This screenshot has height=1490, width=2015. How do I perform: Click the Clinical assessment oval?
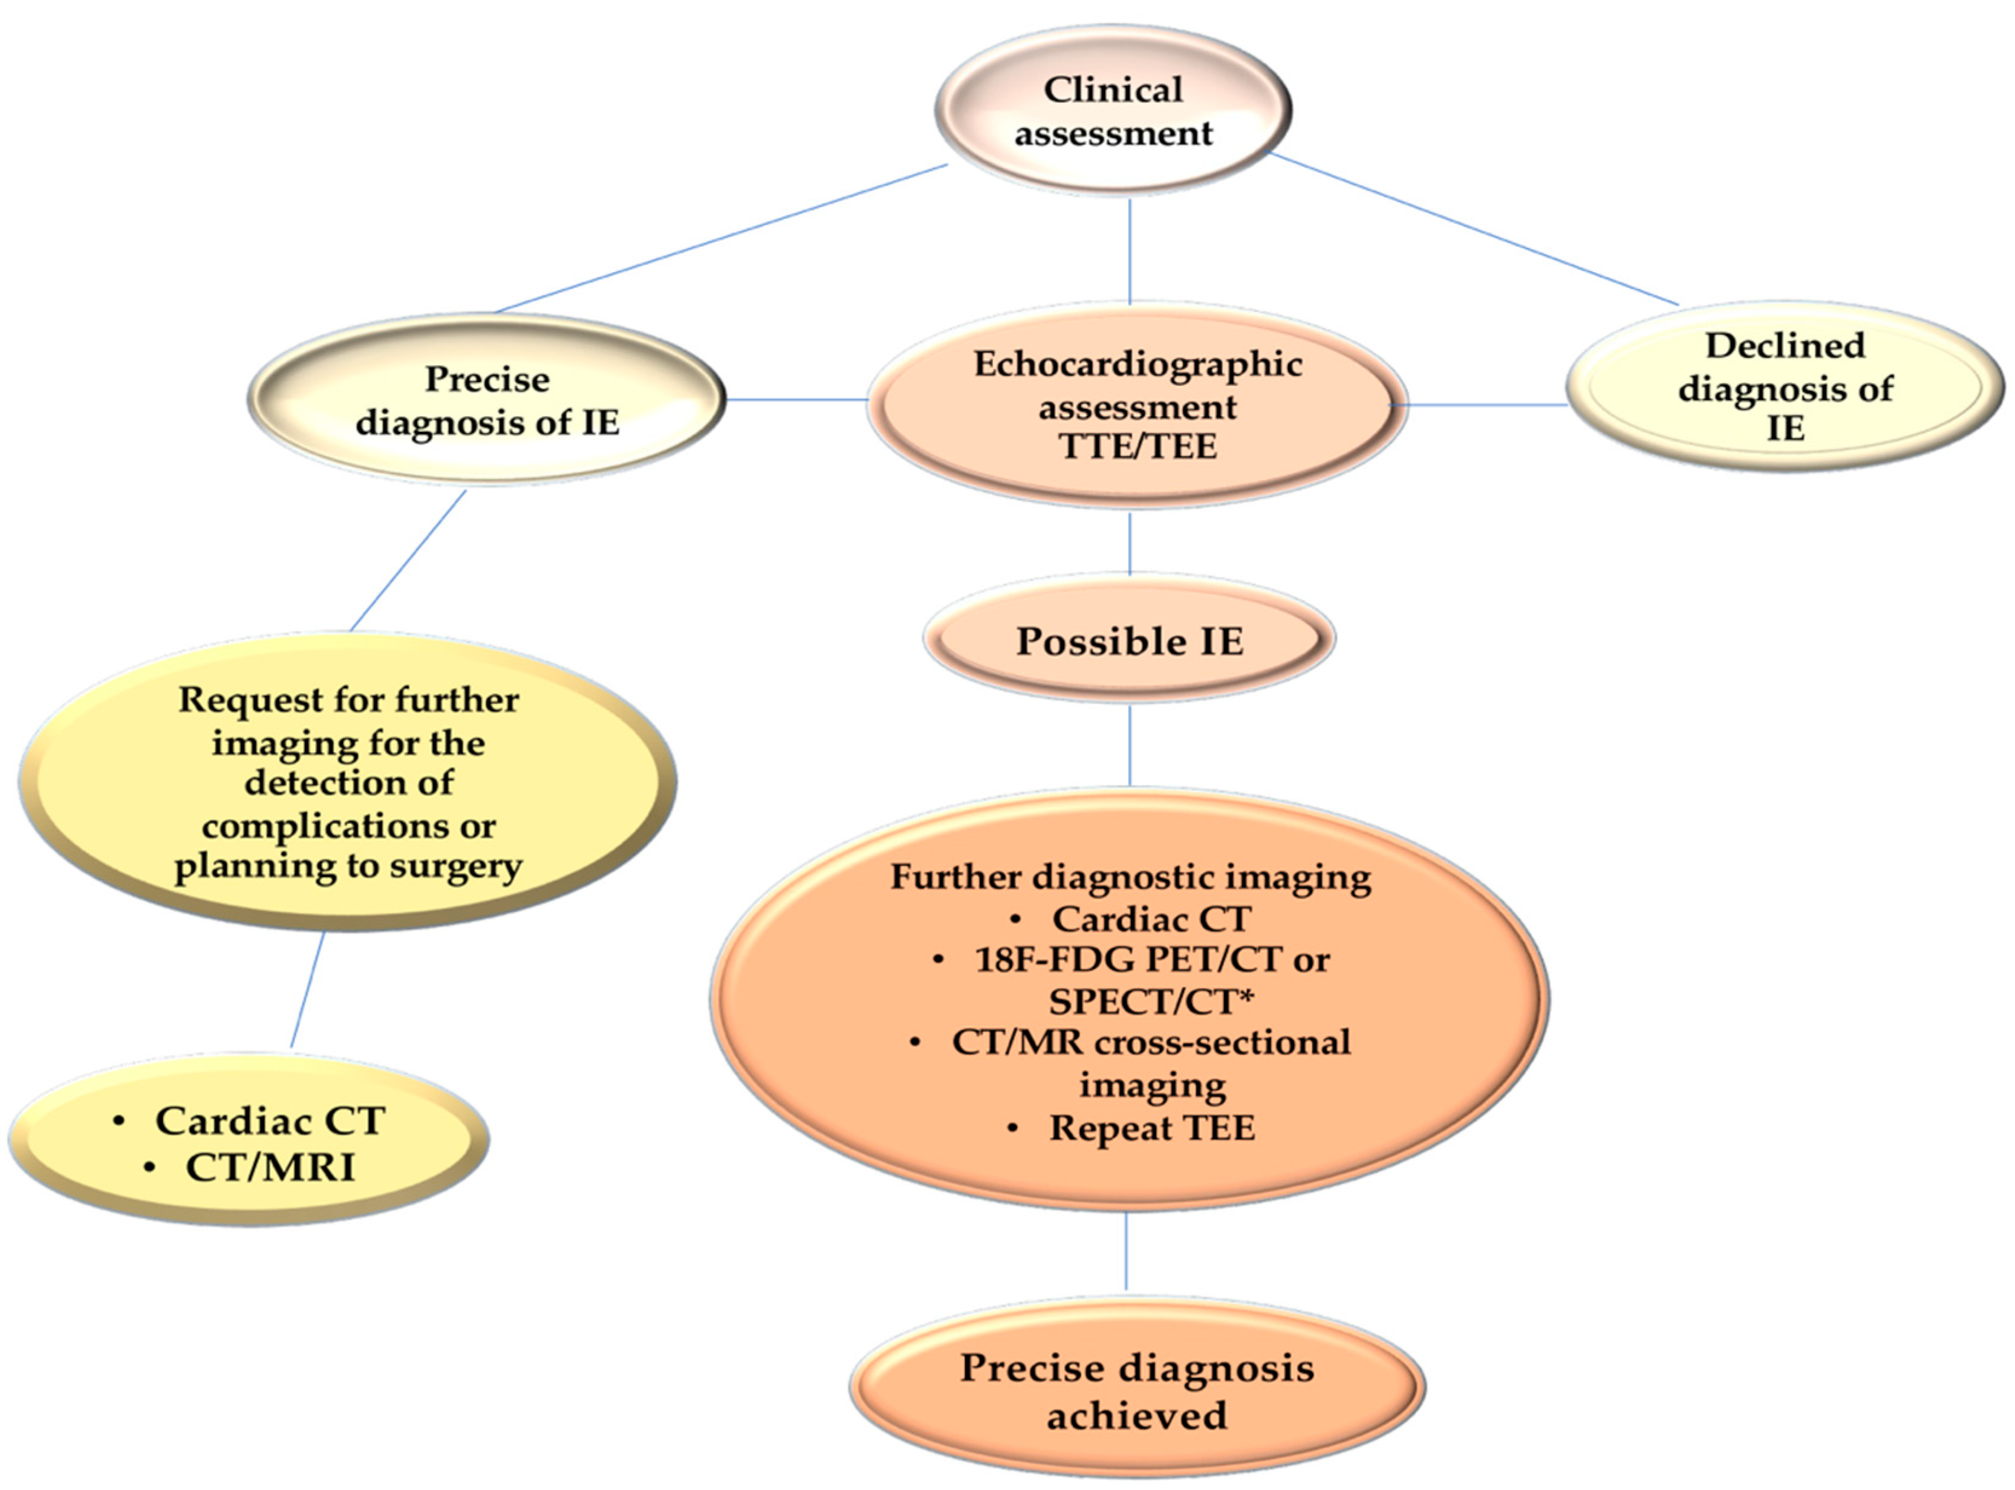coord(1113,110)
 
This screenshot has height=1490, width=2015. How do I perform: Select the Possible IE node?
coord(1129,640)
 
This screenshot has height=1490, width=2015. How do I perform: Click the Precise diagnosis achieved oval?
coord(1136,1390)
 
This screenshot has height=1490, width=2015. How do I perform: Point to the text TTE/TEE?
coord(1138,446)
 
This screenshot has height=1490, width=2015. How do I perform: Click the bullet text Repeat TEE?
coord(1152,1127)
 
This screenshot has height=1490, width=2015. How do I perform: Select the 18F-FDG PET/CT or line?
coord(1152,958)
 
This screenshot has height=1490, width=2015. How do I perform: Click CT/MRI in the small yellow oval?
coord(270,1167)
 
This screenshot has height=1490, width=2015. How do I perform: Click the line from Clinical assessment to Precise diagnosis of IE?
coord(721,238)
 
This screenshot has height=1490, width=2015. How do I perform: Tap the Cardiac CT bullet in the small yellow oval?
coord(270,1120)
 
